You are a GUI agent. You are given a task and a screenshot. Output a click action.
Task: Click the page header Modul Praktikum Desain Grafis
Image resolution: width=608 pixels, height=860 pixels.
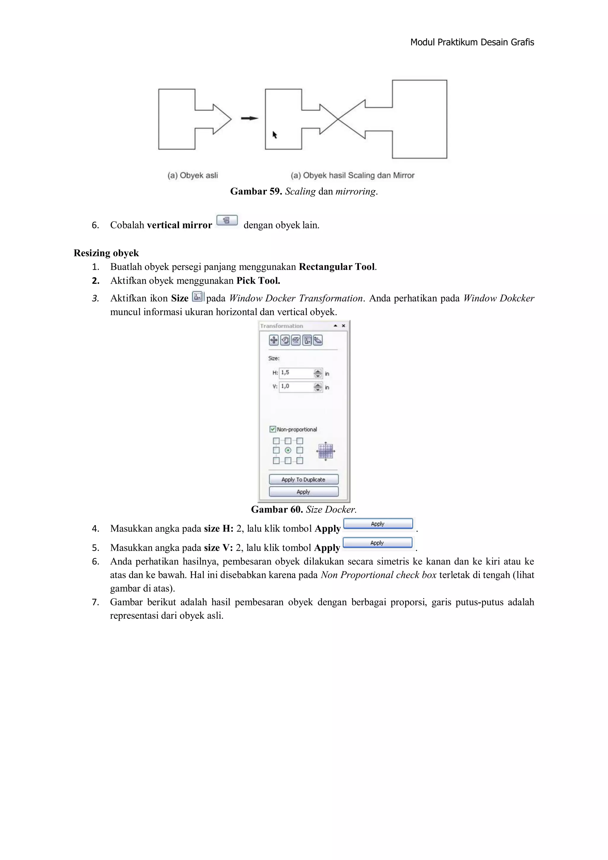coord(472,42)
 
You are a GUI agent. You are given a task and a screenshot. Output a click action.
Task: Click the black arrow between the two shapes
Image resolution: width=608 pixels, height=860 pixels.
coord(249,118)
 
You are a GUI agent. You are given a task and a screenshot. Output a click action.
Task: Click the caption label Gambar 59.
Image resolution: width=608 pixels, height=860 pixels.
coord(256,191)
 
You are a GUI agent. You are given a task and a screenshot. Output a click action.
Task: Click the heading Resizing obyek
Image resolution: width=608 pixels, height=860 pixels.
coord(106,253)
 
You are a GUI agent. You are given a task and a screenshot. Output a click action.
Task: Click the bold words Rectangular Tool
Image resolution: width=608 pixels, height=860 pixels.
coord(337,267)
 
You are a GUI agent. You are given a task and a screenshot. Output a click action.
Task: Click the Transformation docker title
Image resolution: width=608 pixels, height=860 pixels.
coord(281,326)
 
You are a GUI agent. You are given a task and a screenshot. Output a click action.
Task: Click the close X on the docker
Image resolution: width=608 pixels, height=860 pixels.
coord(343,326)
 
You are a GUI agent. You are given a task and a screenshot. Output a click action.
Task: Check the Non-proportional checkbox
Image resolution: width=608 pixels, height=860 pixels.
coord(273,429)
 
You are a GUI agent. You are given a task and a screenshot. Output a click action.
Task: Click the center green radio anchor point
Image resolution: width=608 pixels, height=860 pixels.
coord(288,450)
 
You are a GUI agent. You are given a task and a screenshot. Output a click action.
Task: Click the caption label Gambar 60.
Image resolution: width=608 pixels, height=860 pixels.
coord(277,509)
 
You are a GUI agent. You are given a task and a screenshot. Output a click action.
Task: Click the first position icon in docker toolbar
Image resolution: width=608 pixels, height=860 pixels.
coord(274,340)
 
